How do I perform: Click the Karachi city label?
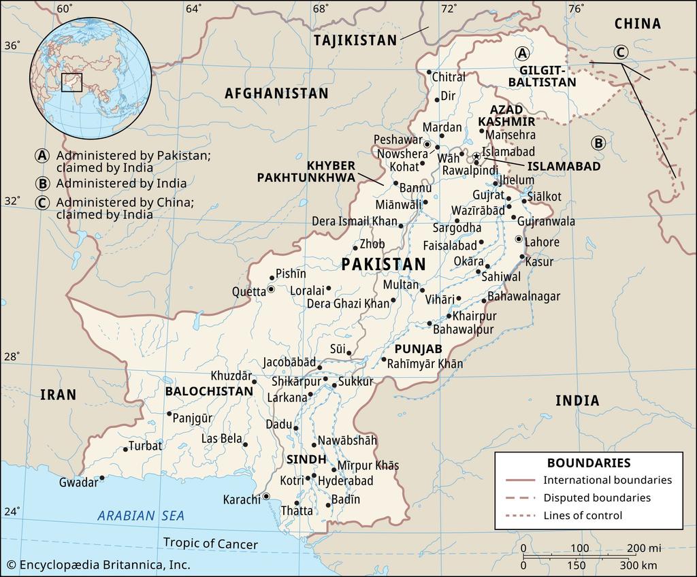[242, 499]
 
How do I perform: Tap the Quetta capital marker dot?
[270, 289]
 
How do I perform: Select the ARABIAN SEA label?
[141, 516]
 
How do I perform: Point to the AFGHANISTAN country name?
[276, 93]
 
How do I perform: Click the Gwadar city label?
[78, 482]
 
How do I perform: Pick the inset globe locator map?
[90, 78]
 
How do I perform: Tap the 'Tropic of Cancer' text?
[210, 544]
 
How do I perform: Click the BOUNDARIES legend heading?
[588, 463]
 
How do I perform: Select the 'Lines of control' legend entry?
[582, 515]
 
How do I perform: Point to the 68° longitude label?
[321, 9]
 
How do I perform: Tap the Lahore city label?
[542, 242]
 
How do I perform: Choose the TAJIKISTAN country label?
[355, 41]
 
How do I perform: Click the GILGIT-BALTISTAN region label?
[547, 76]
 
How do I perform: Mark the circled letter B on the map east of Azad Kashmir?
[598, 143]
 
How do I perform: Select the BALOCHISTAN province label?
[209, 391]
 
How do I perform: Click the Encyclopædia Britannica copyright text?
[98, 565]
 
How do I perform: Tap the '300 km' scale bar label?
[638, 565]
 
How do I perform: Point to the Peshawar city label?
[398, 139]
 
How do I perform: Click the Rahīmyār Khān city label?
[425, 364]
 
